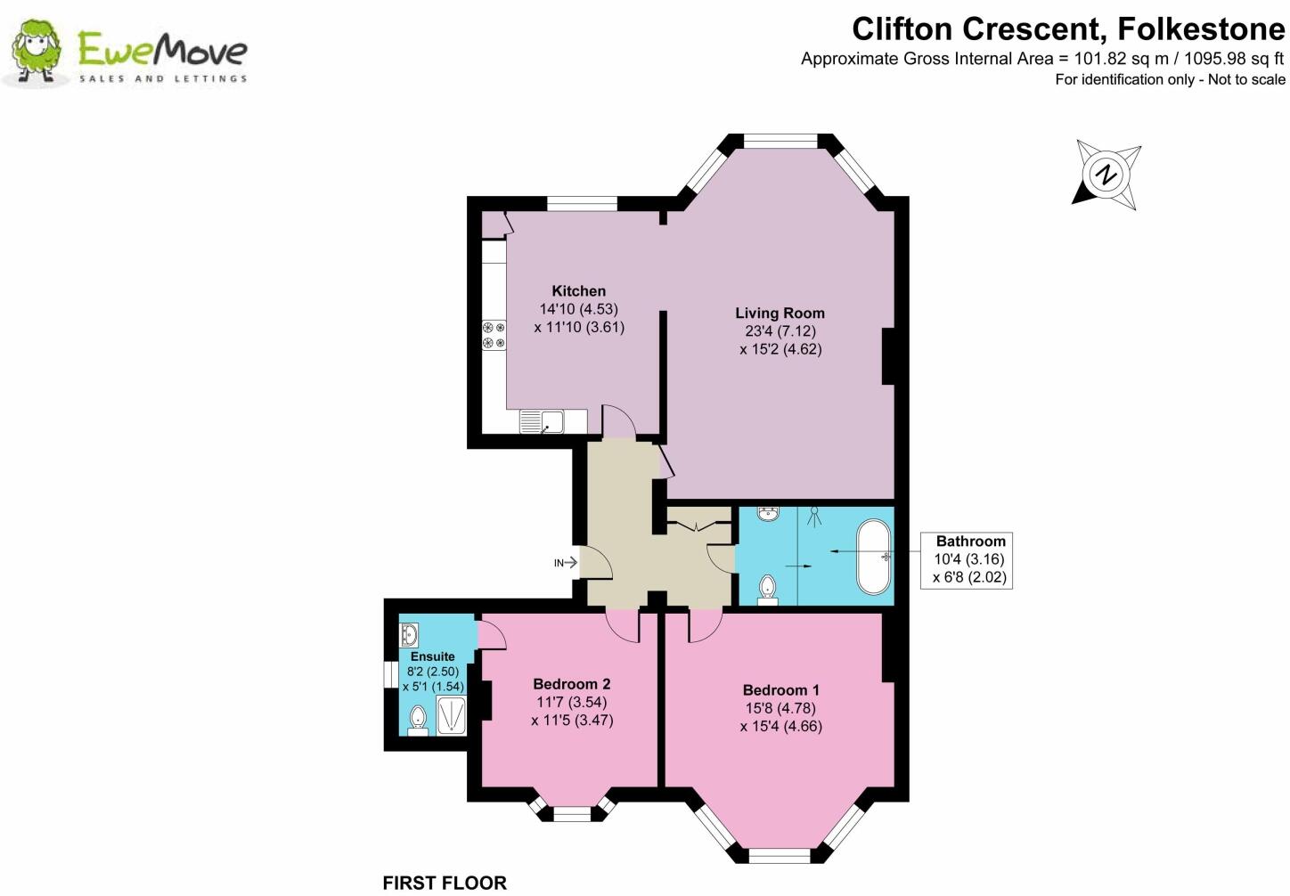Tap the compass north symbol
click(x=1106, y=175)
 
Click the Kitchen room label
click(x=578, y=291)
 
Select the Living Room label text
click(x=780, y=314)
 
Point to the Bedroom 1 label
click(x=780, y=690)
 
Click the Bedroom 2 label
click(x=571, y=684)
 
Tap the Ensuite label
click(x=432, y=656)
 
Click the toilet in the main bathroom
click(x=768, y=590)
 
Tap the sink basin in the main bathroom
click(x=769, y=515)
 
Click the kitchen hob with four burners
click(x=494, y=334)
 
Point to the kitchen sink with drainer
click(x=542, y=421)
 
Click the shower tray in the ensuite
click(x=451, y=716)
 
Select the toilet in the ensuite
click(x=417, y=720)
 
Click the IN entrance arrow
click(x=566, y=563)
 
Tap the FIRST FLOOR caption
click(x=444, y=883)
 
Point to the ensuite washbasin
click(x=410, y=635)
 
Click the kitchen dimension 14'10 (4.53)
click(x=578, y=309)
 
